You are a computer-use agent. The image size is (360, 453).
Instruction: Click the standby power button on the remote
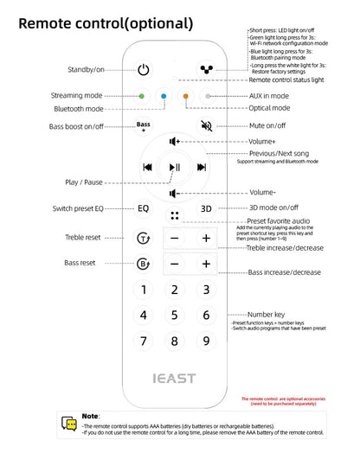pyautogui.click(x=144, y=69)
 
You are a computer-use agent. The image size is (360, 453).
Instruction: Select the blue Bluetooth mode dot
pyautogui.click(x=164, y=97)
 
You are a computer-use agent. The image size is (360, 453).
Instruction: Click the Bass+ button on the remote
pyautogui.click(x=144, y=126)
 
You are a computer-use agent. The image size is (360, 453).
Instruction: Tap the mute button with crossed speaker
pyautogui.click(x=206, y=125)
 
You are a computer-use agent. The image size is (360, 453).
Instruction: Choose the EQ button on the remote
pyautogui.click(x=144, y=208)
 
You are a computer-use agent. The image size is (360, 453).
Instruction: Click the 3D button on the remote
pyautogui.click(x=206, y=208)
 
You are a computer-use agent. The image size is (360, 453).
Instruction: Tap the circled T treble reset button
pyautogui.click(x=144, y=238)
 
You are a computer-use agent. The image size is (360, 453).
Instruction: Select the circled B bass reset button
pyautogui.click(x=144, y=265)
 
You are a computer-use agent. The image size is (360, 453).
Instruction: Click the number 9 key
pyautogui.click(x=206, y=341)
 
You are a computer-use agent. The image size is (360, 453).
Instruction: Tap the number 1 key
pyautogui.click(x=144, y=290)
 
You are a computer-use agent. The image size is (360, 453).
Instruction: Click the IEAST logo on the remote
pyautogui.click(x=175, y=378)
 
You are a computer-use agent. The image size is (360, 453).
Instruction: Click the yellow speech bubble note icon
pyautogui.click(x=69, y=424)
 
